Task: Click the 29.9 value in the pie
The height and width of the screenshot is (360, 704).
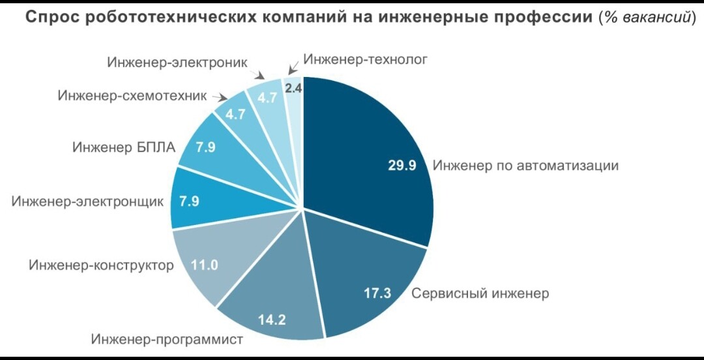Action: point(402,166)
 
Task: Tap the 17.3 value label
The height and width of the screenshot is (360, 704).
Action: point(377,293)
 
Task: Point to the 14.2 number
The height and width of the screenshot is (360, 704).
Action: point(273,320)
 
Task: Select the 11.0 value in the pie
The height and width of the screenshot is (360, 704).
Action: point(204,265)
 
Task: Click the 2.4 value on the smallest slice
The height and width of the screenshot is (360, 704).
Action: point(293,87)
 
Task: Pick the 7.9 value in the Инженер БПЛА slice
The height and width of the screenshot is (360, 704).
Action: point(205,147)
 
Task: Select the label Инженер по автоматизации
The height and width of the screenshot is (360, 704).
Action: point(525,166)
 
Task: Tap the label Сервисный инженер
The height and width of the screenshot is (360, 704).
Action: point(480,293)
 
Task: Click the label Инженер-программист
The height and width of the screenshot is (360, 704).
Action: point(167,340)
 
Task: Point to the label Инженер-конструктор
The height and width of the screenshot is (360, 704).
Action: point(101,265)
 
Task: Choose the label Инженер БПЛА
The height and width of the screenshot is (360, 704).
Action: point(124,147)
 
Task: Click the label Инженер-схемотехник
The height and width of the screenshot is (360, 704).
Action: point(132,96)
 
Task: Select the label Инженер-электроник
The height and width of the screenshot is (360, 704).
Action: point(177,63)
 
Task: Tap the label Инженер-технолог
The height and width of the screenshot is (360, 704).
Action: point(365,61)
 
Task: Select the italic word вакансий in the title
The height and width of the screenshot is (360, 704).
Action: point(654,18)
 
